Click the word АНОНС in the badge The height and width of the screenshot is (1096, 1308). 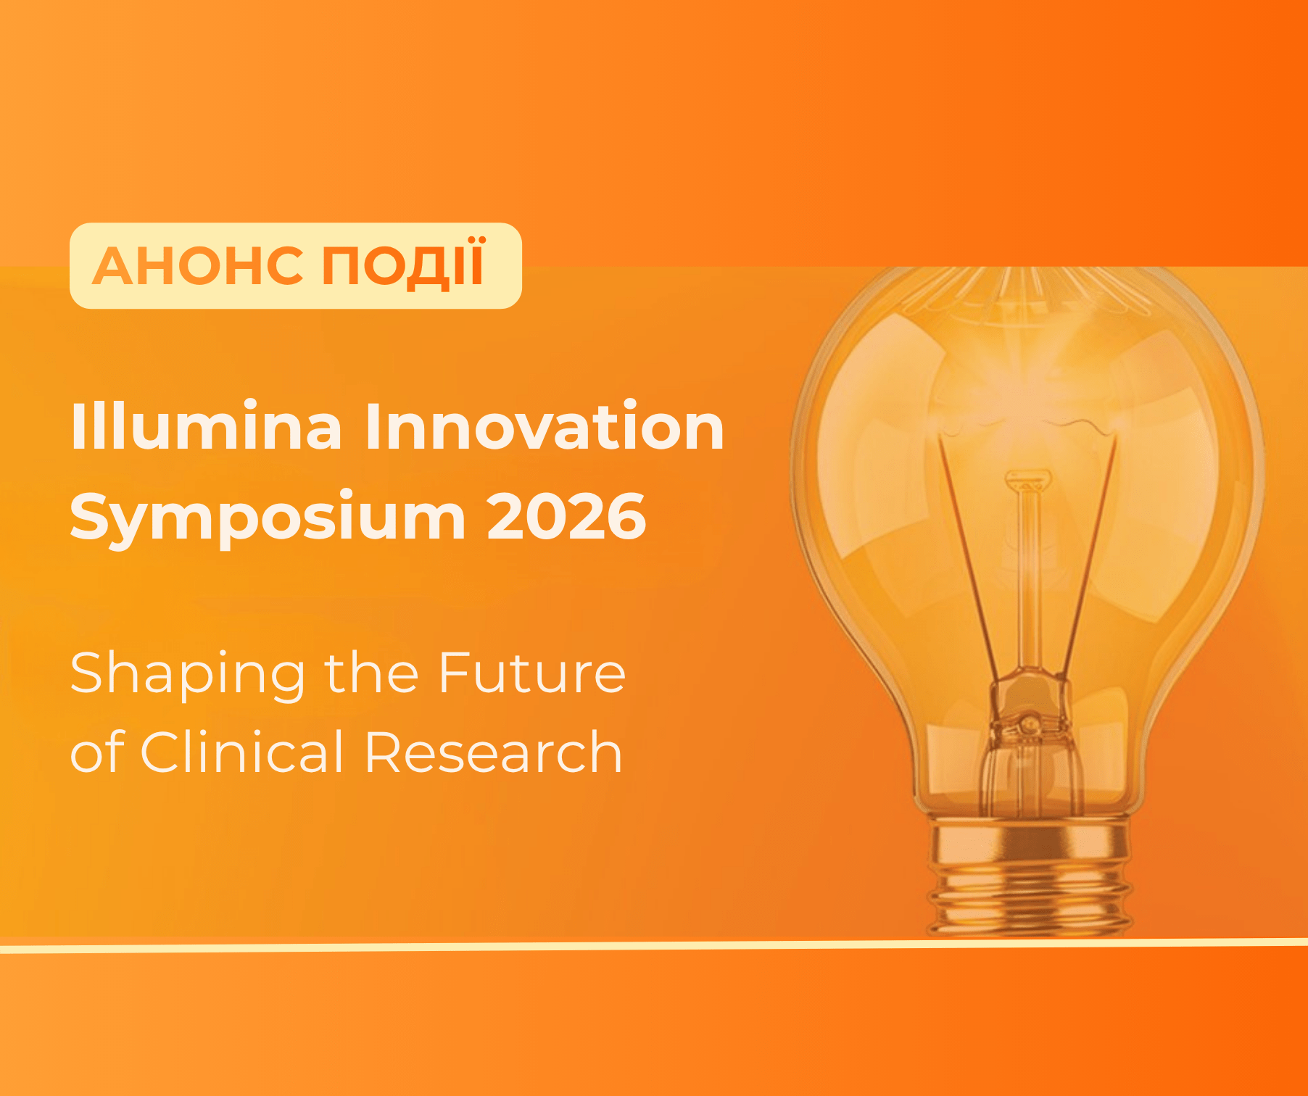coord(198,266)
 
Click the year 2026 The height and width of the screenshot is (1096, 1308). coord(566,516)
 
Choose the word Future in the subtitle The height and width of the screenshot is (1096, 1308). coord(531,673)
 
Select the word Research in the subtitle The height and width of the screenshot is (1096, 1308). coord(493,752)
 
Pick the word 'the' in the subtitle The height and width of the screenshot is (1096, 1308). coord(371,672)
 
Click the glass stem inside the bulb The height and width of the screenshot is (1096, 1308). coord(1027,573)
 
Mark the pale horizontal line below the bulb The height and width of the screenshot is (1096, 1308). coord(654,945)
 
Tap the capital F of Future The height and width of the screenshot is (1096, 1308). coord(455,673)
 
